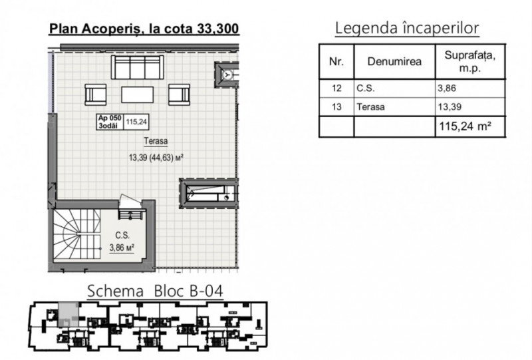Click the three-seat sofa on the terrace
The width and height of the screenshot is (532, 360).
138,67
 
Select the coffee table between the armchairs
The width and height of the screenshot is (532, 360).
138,94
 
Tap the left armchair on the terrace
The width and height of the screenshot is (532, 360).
95,94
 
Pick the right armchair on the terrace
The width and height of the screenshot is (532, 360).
179,94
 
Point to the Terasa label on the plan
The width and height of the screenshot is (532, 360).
156,141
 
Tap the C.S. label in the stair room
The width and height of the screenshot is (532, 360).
122,236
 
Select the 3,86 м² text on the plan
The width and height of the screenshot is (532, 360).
122,248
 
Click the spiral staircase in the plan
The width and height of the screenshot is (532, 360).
77,234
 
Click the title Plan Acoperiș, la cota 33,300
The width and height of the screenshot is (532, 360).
144,29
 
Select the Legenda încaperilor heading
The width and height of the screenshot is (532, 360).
407,28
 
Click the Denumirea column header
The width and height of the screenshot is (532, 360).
394,61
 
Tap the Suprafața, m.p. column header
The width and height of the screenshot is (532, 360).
470,61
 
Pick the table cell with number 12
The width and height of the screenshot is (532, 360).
336,89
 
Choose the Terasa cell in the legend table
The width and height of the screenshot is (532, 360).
394,107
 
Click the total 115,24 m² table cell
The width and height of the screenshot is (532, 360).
470,126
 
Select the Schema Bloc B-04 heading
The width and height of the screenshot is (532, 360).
156,291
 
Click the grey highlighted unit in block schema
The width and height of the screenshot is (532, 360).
68,315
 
